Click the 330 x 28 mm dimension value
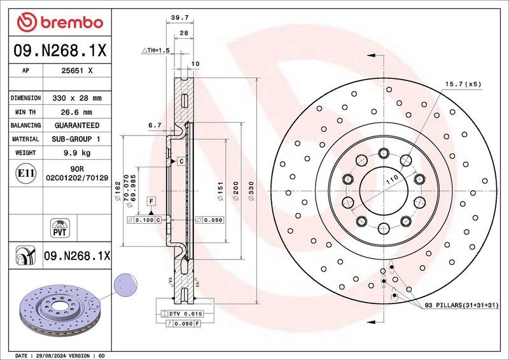click(76, 99)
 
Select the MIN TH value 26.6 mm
click(76, 112)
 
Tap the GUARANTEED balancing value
click(76, 125)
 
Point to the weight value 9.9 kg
click(76, 153)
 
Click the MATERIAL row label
click(26, 139)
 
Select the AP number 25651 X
click(76, 71)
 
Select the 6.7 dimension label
click(155, 126)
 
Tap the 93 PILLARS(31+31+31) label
click(463, 307)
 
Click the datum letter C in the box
click(181, 162)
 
